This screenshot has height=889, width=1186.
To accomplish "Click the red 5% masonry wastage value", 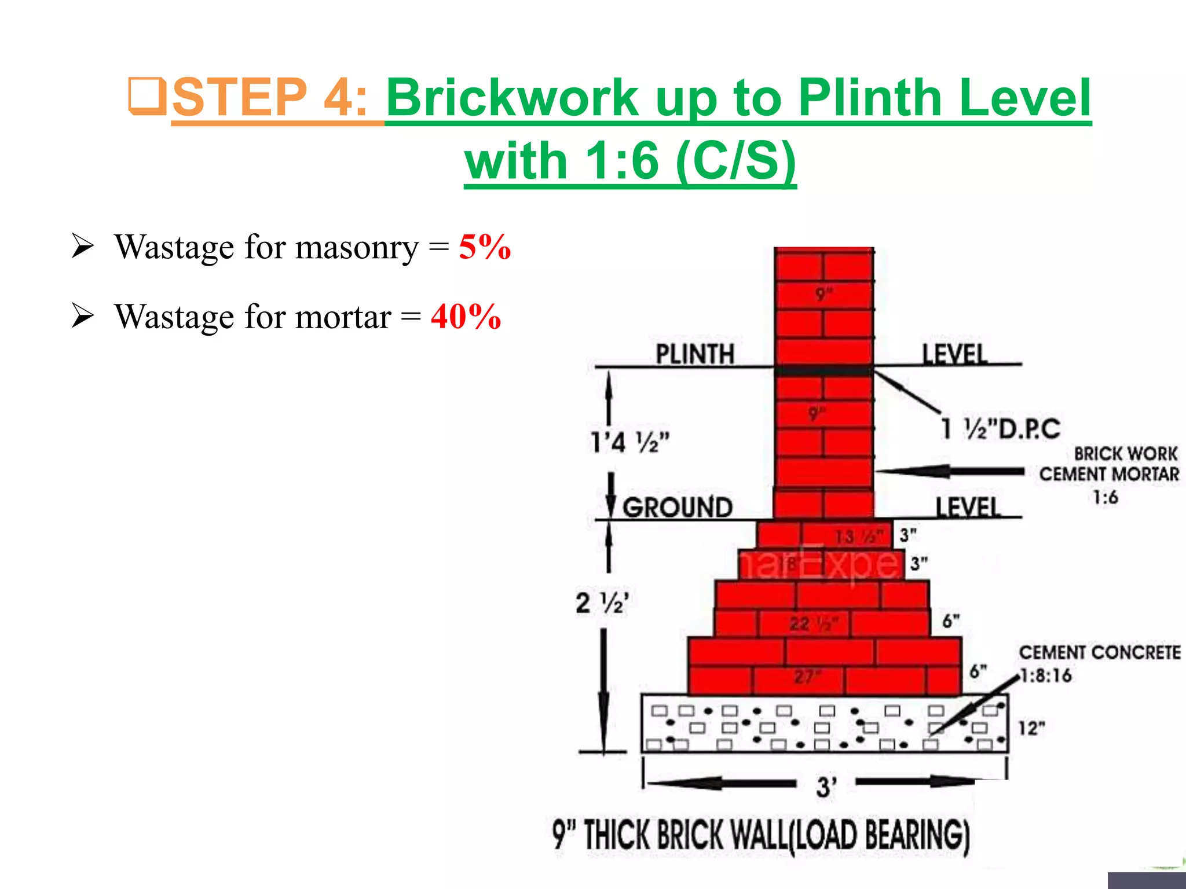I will (x=485, y=248).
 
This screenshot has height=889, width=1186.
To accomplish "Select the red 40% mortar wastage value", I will (x=466, y=317).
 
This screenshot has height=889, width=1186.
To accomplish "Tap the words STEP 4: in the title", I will (x=270, y=97).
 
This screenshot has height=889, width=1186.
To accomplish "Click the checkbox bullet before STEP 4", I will (x=147, y=96).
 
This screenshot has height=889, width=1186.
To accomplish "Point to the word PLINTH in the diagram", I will (x=694, y=354).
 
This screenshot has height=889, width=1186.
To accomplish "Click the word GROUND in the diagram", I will (x=678, y=508).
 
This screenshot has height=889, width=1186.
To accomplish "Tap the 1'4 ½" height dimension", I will (x=629, y=442).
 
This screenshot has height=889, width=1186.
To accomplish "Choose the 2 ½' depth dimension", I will (x=602, y=603).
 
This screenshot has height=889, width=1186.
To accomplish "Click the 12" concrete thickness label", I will (x=1032, y=728).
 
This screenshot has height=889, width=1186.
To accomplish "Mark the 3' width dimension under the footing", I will (x=826, y=787).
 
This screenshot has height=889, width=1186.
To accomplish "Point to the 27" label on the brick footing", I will (x=807, y=676).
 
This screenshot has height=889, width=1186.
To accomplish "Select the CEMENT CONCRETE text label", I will (x=1100, y=652).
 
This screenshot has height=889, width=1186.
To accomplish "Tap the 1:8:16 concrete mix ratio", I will (x=1046, y=675).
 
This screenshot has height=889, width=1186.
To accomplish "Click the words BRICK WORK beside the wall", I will (x=1125, y=453).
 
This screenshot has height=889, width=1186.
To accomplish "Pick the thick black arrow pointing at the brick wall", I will (x=950, y=471).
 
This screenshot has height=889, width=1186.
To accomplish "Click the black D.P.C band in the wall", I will (x=823, y=370).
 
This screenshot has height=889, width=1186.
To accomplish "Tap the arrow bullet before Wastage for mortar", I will (x=82, y=316).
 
